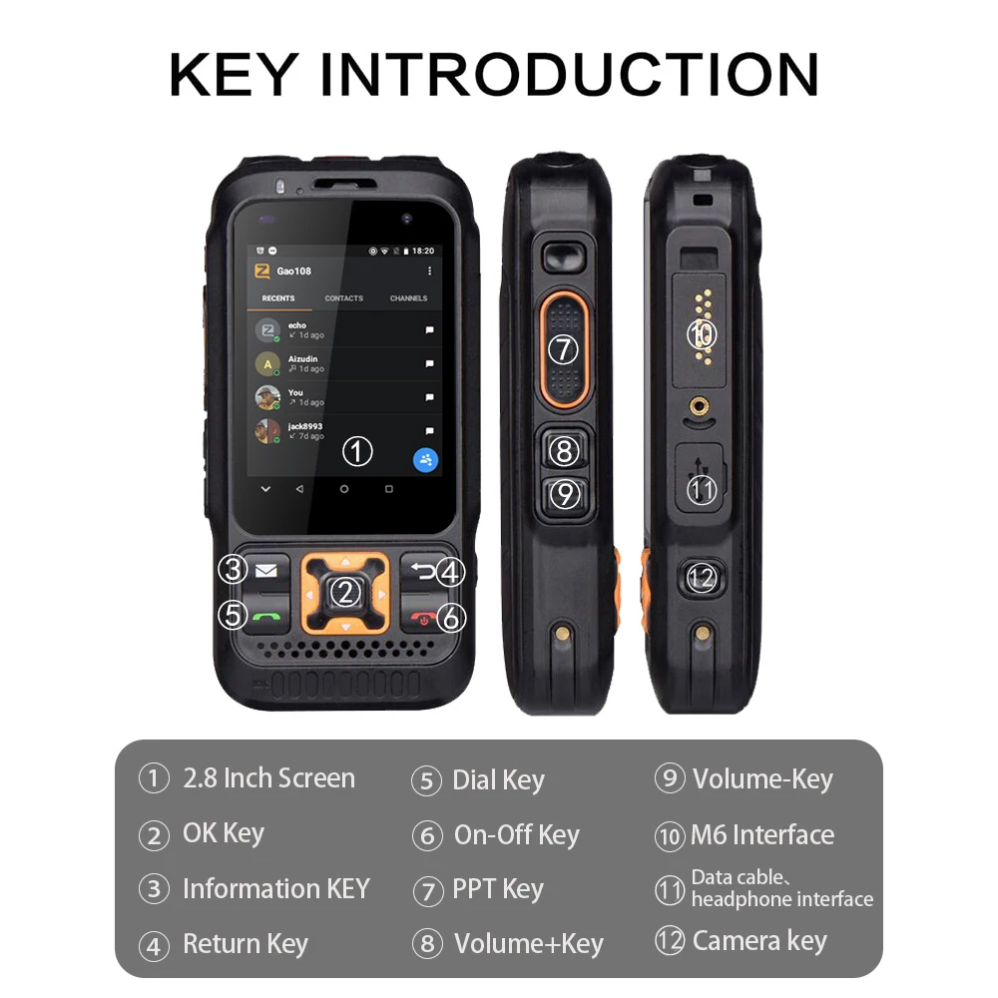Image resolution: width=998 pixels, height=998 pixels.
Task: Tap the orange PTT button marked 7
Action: click(565, 349)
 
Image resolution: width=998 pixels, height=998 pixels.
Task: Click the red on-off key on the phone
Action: click(427, 619)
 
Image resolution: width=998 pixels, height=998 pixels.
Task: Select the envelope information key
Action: click(265, 571)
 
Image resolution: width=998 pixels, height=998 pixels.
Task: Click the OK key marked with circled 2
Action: click(345, 593)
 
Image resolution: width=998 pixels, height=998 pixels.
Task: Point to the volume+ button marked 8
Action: click(565, 451)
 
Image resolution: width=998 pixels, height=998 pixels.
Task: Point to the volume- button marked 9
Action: click(565, 494)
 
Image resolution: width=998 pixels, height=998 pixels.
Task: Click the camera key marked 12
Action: click(704, 577)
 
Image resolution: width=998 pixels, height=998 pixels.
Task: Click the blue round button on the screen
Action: click(427, 460)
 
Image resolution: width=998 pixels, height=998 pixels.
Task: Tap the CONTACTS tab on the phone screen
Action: click(343, 298)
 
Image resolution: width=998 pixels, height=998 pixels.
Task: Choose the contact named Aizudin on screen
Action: click(305, 358)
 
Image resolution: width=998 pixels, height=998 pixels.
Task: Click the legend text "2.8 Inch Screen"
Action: click(268, 778)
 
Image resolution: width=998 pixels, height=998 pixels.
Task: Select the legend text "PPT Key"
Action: click(497, 889)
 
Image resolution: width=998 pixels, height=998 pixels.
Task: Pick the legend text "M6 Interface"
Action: click(762, 835)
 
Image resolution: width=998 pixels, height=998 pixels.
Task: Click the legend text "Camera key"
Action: click(759, 940)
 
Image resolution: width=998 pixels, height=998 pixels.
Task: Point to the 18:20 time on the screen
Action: click(423, 250)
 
